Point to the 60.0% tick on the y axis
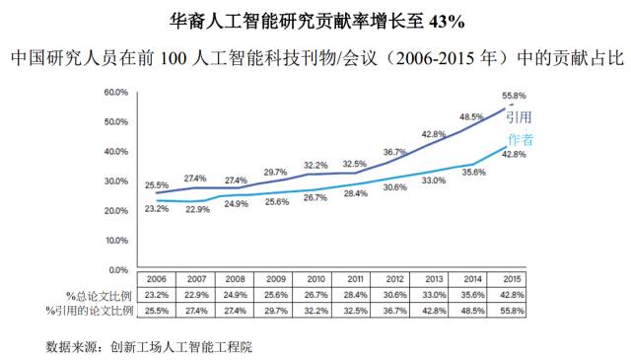[117, 92]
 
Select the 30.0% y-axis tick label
[117, 180]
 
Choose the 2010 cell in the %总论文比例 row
[315, 295]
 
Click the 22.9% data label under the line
[198, 210]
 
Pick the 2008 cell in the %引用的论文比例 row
[236, 311]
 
